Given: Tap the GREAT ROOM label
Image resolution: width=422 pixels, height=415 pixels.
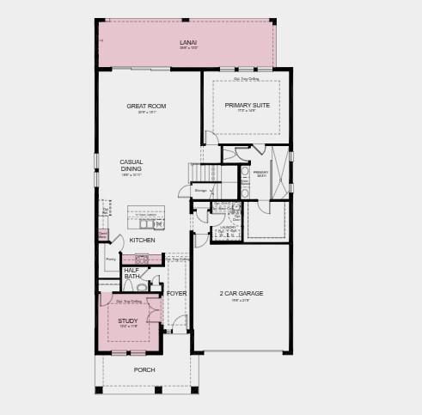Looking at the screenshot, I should (146, 107).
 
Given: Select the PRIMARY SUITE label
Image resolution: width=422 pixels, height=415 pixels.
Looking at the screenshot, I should (248, 106).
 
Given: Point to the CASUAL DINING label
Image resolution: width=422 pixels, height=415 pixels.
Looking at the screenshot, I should (131, 165).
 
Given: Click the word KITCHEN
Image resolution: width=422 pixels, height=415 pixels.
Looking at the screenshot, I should (143, 240).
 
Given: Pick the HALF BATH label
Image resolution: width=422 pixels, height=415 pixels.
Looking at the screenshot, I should (131, 273).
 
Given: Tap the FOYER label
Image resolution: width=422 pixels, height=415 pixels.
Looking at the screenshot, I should (176, 294).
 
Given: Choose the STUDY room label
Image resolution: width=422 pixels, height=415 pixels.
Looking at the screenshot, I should (128, 320).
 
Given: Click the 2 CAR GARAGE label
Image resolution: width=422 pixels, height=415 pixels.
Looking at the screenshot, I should (241, 293).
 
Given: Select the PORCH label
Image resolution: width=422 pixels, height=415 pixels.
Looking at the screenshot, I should (144, 369).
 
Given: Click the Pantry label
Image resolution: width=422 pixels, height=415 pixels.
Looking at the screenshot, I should (111, 259).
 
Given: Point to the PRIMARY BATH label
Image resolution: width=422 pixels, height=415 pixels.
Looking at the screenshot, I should (261, 174).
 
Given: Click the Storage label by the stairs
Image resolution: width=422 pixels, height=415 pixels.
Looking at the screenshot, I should (200, 190).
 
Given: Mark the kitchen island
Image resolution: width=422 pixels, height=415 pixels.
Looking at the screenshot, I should (145, 216).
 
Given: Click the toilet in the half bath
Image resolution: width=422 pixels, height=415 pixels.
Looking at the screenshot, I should (142, 288).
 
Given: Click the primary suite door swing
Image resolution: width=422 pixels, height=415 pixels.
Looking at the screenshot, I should (211, 138).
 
